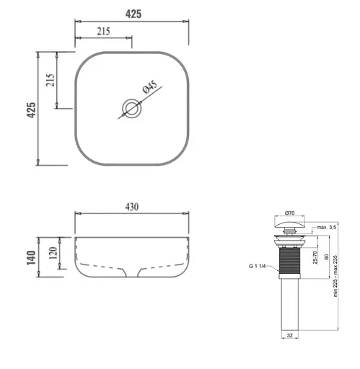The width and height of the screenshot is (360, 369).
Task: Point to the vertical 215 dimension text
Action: [x=50, y=81]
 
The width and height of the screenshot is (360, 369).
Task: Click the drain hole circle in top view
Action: [x=131, y=109]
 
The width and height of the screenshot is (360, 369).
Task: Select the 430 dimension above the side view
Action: [x=131, y=207]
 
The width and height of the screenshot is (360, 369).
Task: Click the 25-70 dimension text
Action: [x=315, y=258]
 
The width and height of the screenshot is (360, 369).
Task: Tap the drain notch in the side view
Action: [x=132, y=272]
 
